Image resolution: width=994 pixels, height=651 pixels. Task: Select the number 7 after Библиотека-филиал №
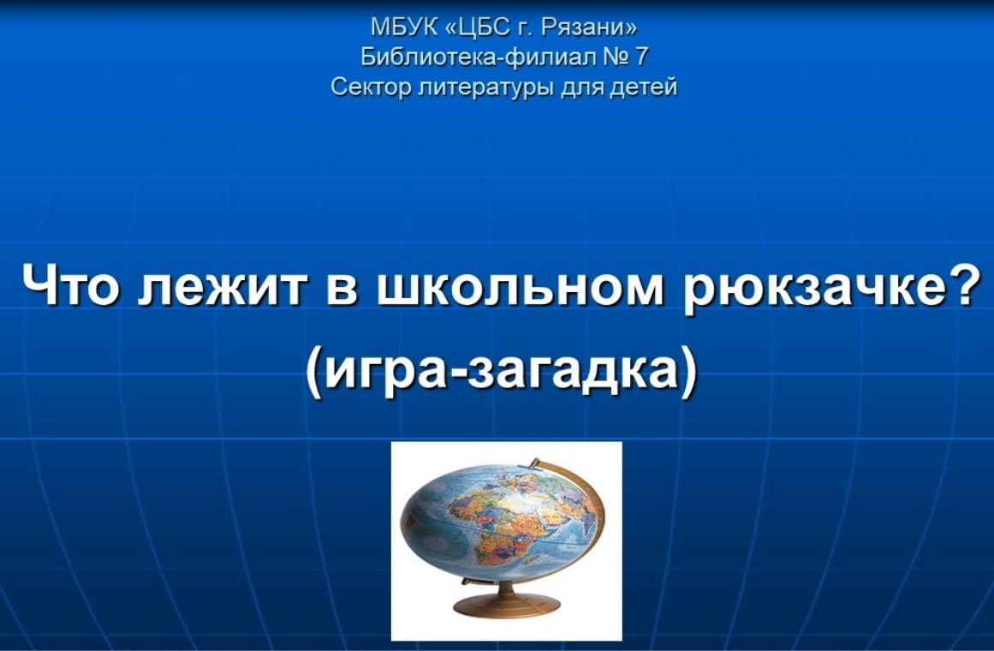click(640, 57)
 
